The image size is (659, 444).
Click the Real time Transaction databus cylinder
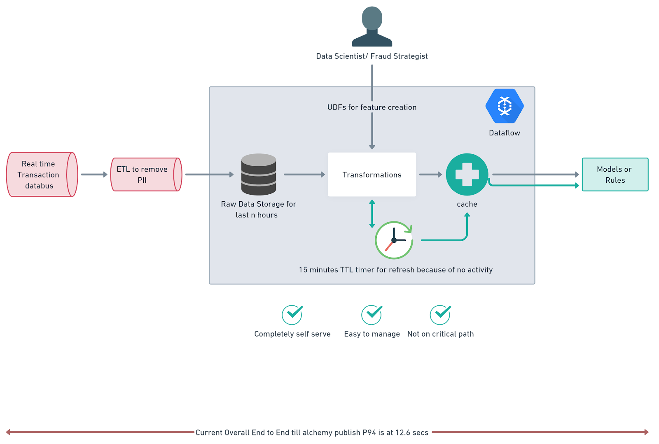point(42,174)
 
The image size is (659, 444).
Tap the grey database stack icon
point(259,174)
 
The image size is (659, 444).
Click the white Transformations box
point(372,174)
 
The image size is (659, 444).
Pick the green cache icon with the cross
point(467,174)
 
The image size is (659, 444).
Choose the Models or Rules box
point(615,174)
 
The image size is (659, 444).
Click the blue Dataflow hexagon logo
point(505,106)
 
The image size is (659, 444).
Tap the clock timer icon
point(394,240)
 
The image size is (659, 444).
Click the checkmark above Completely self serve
point(292,315)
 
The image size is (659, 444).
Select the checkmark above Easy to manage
point(372,315)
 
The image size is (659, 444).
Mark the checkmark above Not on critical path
point(440,315)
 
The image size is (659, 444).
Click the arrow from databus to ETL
point(94,174)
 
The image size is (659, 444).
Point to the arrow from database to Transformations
point(304,174)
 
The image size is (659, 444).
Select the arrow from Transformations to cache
point(430,174)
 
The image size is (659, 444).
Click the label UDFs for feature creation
point(372,107)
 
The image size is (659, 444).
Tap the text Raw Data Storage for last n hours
point(258,209)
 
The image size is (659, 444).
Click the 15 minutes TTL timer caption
point(395,270)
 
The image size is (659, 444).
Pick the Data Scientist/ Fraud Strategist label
point(372,56)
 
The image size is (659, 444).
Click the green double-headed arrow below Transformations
point(372,214)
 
